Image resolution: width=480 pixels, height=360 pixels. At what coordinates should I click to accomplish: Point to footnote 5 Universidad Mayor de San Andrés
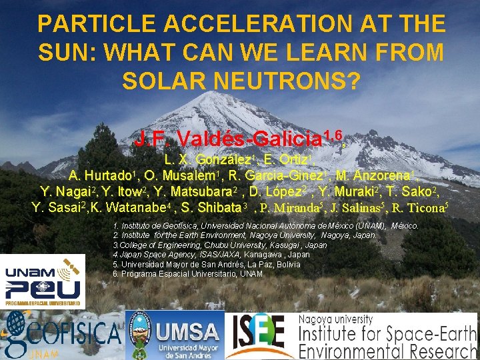click(207, 264)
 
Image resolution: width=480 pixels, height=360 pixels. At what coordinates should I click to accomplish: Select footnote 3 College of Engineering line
click(220, 245)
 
